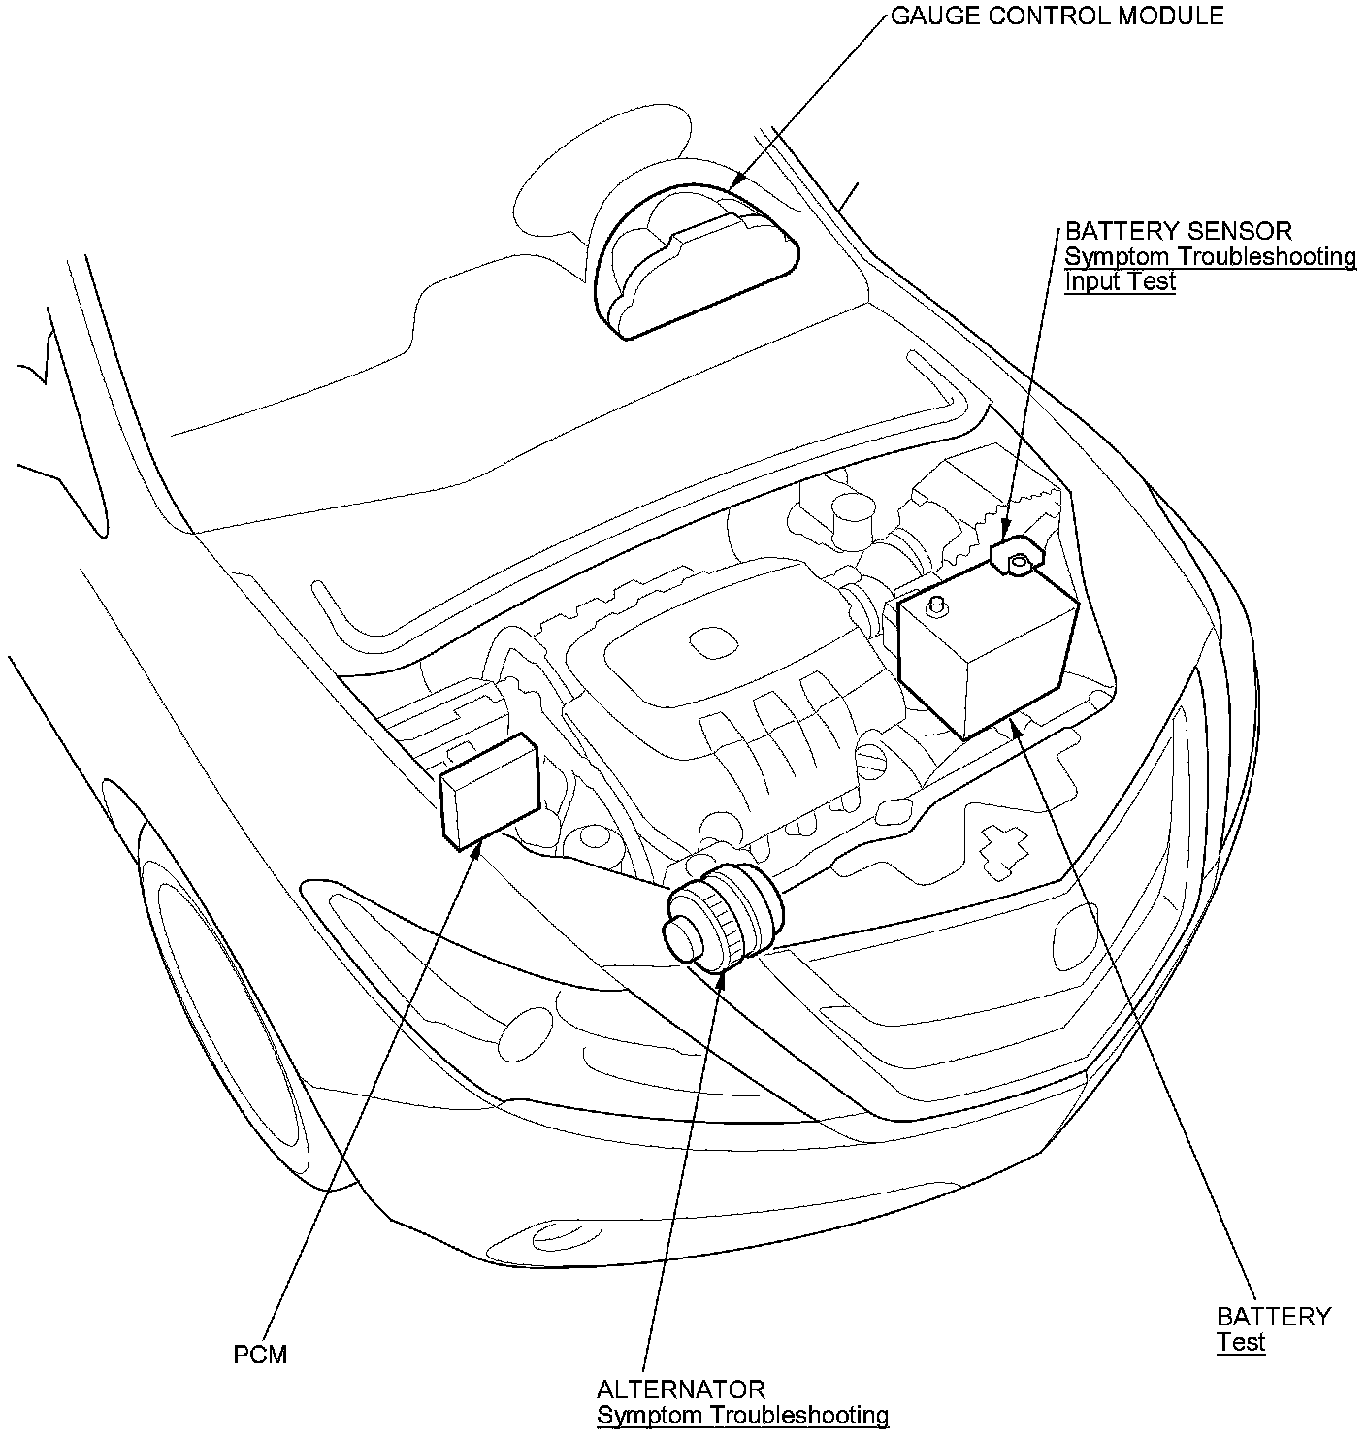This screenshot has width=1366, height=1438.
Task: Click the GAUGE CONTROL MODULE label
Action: tap(1057, 16)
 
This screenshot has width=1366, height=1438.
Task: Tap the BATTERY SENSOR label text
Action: tap(1178, 231)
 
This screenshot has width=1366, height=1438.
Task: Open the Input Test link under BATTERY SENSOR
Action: tap(1120, 282)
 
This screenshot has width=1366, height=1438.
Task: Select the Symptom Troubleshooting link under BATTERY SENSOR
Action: tap(1210, 257)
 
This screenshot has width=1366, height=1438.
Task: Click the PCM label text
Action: tap(260, 1354)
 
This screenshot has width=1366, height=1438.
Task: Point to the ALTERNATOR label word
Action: tap(680, 1389)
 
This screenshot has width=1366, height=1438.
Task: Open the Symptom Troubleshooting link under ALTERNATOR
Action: tap(742, 1416)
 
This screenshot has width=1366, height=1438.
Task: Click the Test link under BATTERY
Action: tap(1241, 1342)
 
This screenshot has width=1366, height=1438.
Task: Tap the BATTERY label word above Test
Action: tap(1273, 1317)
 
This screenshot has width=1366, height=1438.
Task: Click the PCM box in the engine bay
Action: tap(490, 792)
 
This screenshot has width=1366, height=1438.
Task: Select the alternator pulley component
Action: tap(723, 917)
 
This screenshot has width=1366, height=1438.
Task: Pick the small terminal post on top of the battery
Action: tap(936, 607)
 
